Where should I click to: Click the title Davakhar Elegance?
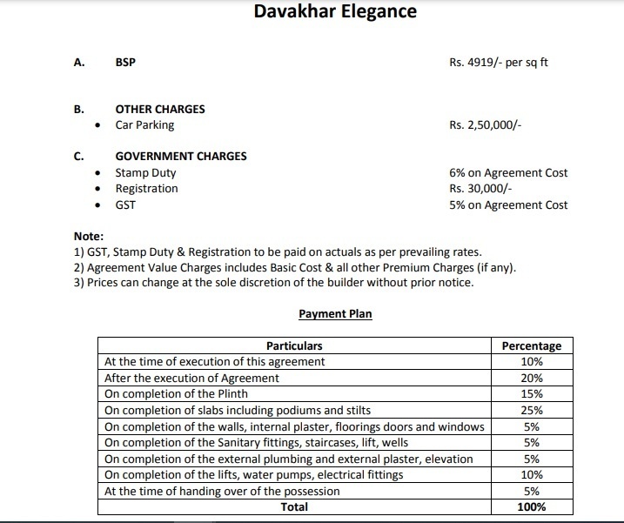click(335, 11)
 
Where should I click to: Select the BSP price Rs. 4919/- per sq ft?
click(499, 63)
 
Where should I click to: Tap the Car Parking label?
click(144, 125)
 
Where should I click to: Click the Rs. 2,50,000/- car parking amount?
click(485, 125)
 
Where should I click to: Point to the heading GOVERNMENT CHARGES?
click(181, 157)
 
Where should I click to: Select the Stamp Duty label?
click(145, 173)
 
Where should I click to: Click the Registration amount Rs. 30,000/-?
click(480, 189)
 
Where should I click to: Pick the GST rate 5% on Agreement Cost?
click(508, 205)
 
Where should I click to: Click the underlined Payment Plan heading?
click(335, 314)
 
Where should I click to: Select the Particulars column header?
click(294, 345)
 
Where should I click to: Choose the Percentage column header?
click(532, 345)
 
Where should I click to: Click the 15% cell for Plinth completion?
click(532, 394)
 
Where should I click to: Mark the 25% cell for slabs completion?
click(532, 411)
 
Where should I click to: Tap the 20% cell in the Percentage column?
click(532, 379)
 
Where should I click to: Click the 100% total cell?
click(532, 506)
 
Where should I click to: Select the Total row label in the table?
click(294, 506)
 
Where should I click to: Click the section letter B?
click(79, 110)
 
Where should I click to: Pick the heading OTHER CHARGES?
click(160, 110)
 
